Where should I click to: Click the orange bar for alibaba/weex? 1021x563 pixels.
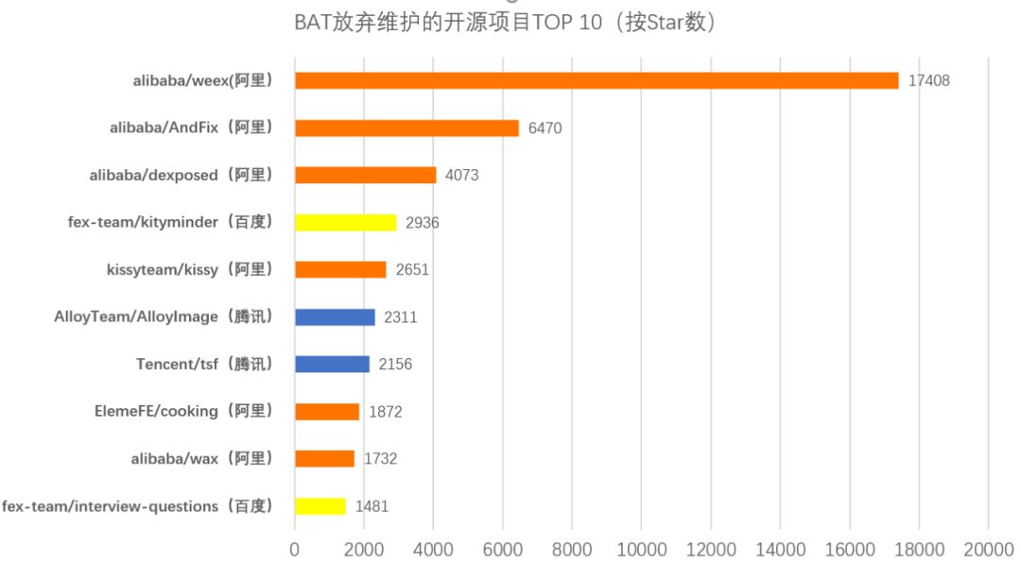(596, 80)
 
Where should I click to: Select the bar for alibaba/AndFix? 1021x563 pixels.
(407, 128)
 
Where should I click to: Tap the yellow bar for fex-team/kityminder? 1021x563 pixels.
(345, 222)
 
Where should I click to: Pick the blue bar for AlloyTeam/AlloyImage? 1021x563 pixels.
(335, 316)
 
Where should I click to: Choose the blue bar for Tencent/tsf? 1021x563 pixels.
(332, 364)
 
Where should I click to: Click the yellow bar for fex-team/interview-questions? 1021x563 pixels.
(320, 506)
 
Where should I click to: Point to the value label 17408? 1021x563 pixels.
(928, 81)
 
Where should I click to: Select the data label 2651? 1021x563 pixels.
(412, 270)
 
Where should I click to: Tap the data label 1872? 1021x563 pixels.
(386, 412)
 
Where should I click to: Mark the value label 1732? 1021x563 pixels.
(380, 459)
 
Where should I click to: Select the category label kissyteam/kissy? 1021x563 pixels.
(190, 269)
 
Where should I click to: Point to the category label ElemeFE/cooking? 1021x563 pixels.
(183, 411)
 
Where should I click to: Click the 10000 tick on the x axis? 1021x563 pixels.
(641, 549)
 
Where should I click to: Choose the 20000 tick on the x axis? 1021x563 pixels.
(988, 549)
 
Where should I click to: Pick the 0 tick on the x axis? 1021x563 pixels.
(295, 549)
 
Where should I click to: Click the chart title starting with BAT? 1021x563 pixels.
(506, 23)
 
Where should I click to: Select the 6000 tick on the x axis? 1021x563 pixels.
(503, 549)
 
